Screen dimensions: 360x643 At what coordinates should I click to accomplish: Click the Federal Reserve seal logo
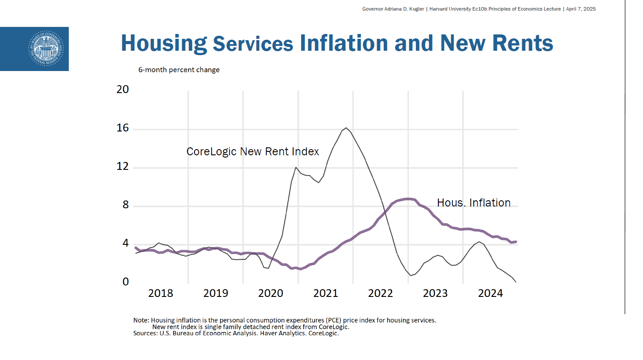point(46,49)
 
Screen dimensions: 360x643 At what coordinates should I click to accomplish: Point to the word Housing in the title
point(164,43)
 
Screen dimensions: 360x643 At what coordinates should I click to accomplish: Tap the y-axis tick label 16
point(123,128)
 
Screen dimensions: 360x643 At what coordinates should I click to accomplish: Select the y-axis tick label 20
point(123,90)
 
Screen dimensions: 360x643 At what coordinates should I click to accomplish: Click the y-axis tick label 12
point(123,166)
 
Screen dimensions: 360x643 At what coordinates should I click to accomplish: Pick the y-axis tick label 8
point(126,205)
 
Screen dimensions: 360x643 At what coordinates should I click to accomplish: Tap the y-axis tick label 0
point(126,282)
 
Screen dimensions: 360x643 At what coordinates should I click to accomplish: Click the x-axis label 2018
point(161,293)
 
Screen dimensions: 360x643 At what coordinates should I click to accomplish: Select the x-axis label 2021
point(325,293)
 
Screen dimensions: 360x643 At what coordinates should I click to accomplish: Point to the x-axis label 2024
point(490,293)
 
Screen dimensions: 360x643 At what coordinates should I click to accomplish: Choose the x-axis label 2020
point(270,293)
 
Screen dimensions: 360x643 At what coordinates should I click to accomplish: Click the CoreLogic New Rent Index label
point(253,152)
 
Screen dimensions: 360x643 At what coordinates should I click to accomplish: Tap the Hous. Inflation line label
point(474,203)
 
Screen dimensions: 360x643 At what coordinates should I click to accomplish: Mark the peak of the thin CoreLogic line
point(346,128)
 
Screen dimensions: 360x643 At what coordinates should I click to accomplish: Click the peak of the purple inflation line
point(409,199)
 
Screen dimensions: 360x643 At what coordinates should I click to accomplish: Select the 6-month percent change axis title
point(179,70)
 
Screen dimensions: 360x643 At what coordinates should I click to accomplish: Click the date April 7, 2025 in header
point(581,9)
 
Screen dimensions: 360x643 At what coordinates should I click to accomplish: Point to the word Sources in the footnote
point(145,334)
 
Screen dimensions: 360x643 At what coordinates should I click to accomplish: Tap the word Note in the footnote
point(141,320)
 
